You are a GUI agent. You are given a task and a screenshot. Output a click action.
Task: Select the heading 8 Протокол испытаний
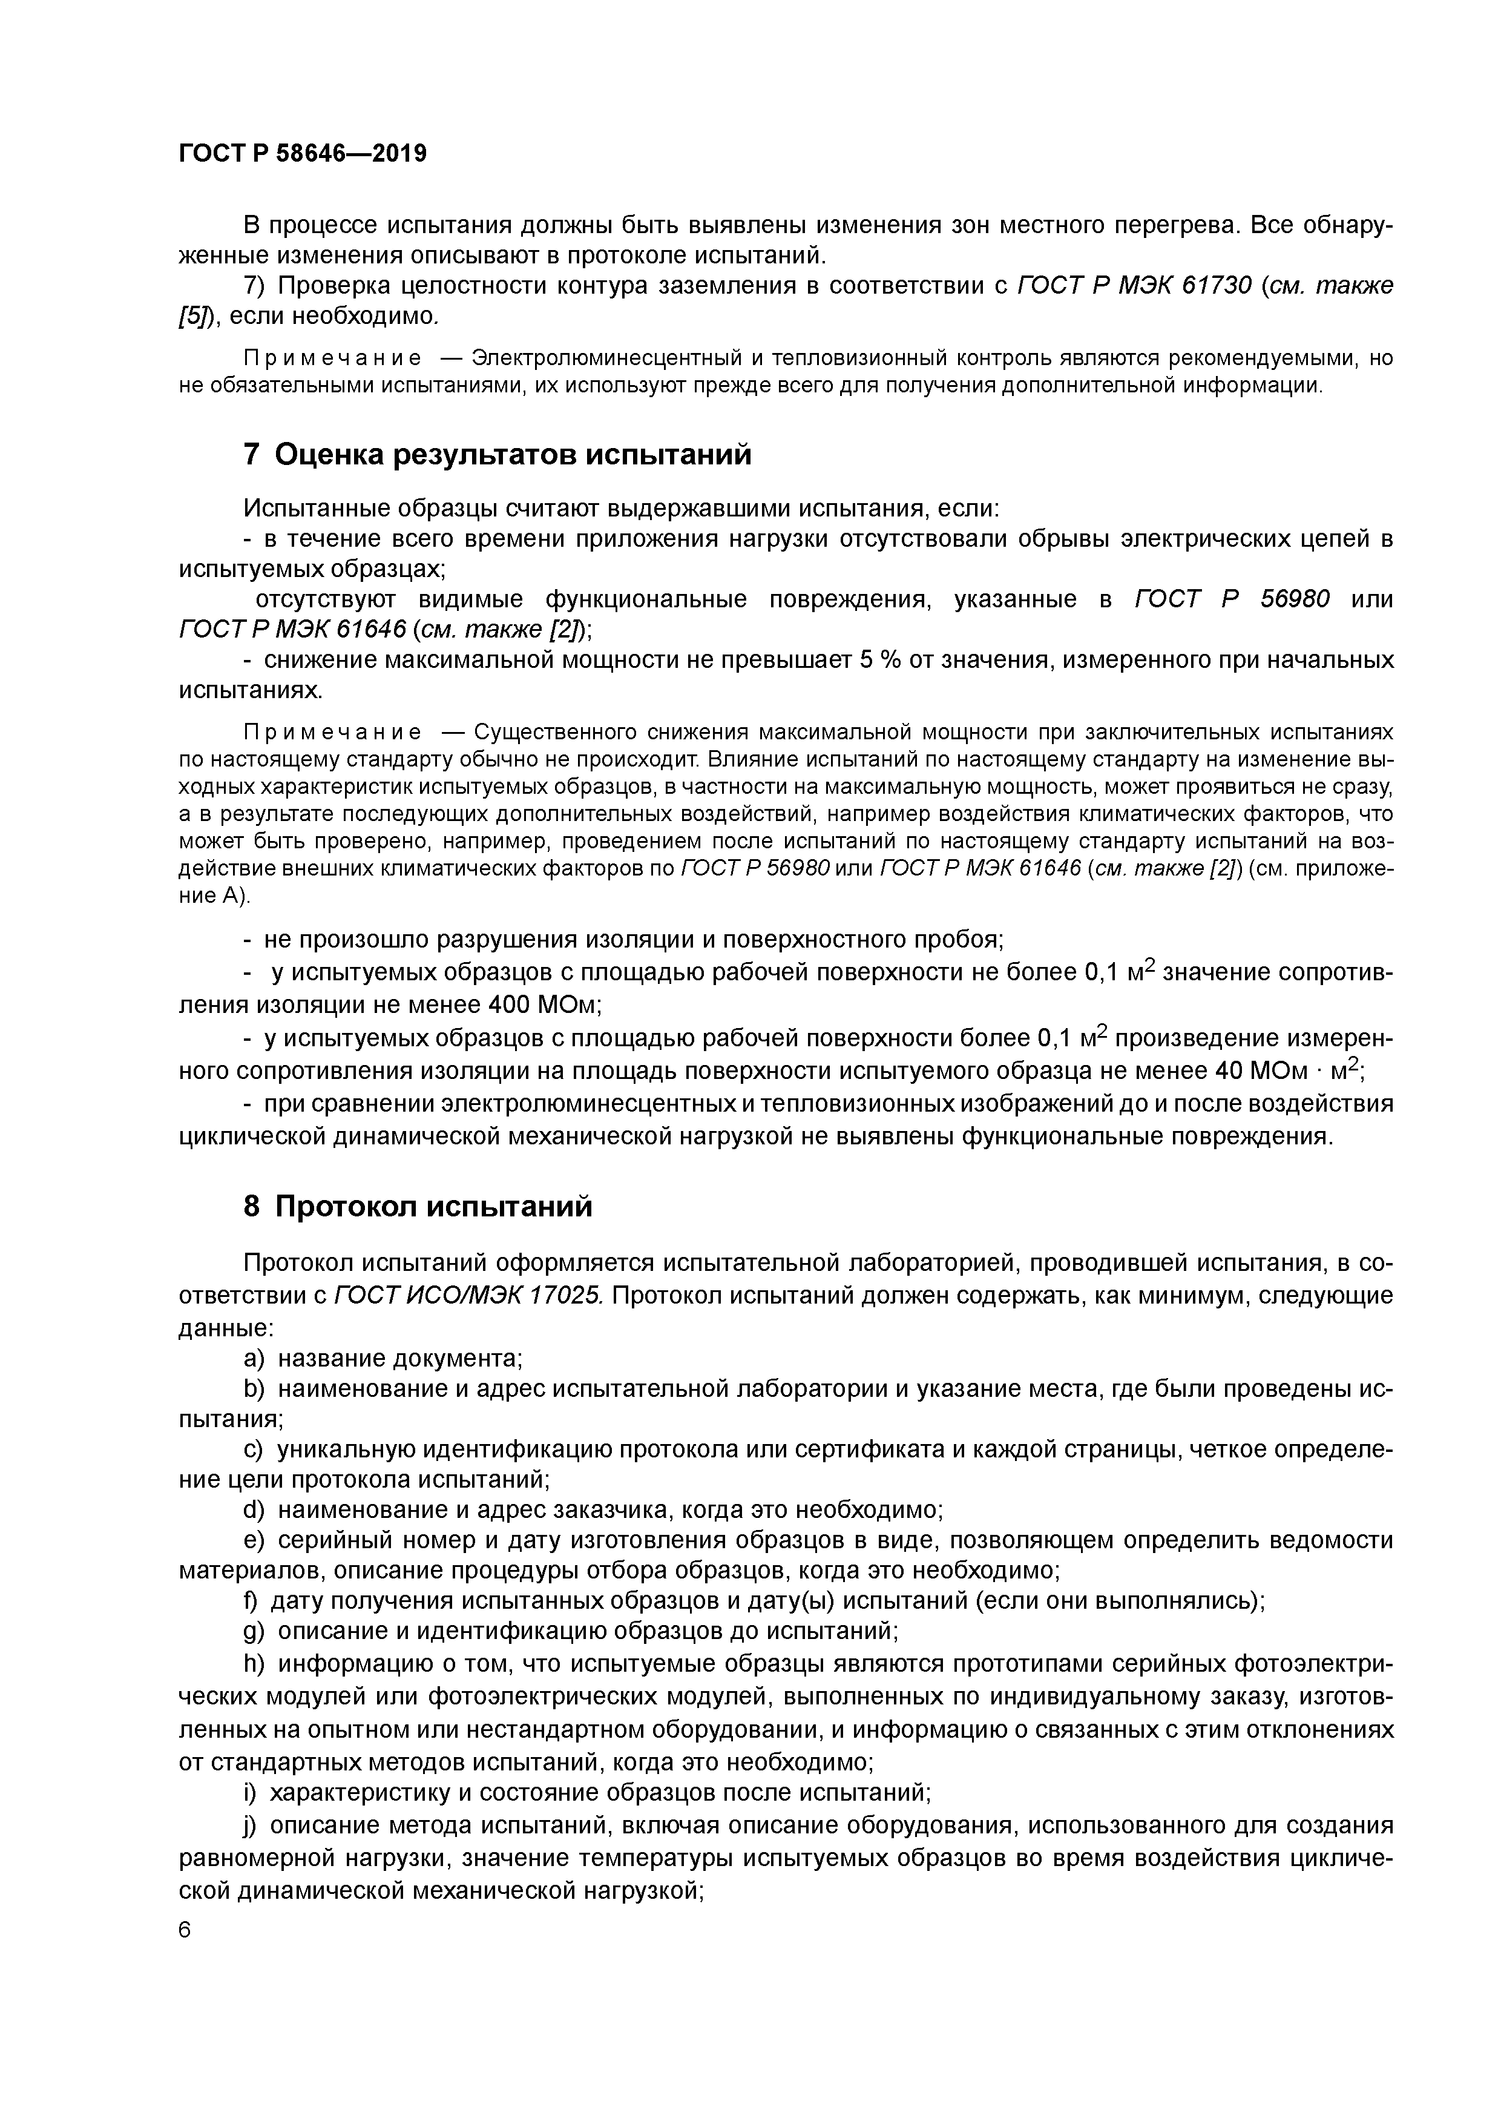417,1207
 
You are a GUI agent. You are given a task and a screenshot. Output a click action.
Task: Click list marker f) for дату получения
252,1600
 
